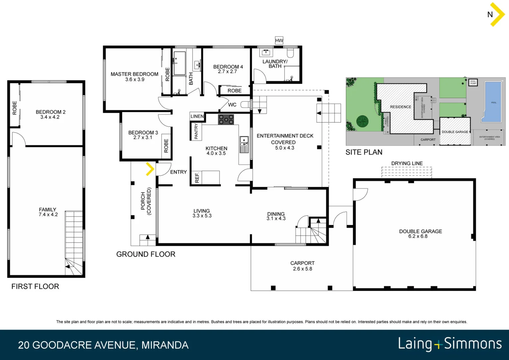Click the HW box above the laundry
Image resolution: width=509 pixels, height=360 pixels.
pyautogui.click(x=279, y=41)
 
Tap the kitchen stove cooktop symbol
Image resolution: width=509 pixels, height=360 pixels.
pyautogui.click(x=226, y=119)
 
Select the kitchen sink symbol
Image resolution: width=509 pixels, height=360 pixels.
pyautogui.click(x=244, y=144)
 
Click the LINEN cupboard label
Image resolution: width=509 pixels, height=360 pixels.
pyautogui.click(x=197, y=116)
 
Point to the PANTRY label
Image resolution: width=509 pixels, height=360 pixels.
pyautogui.click(x=196, y=131)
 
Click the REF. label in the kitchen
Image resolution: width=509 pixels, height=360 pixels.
pyautogui.click(x=197, y=177)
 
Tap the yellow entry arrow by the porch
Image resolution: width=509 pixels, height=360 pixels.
pyautogui.click(x=150, y=169)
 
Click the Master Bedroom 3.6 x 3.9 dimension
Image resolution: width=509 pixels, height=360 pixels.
pyautogui.click(x=135, y=80)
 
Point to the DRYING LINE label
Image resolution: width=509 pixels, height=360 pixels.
pyautogui.click(x=407, y=163)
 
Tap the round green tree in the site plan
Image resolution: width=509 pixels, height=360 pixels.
pyautogui.click(x=362, y=121)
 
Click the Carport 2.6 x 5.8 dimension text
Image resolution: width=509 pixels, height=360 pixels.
pyautogui.click(x=302, y=269)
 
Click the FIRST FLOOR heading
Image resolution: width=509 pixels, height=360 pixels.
pyautogui.click(x=35, y=286)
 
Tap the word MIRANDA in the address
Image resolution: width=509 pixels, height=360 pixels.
pyautogui.click(x=165, y=345)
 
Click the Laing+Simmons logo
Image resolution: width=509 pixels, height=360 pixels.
pyautogui.click(x=450, y=344)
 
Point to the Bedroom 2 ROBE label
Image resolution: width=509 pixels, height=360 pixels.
pyautogui.click(x=14, y=108)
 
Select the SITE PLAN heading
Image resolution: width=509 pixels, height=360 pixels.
pyautogui.click(x=364, y=152)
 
